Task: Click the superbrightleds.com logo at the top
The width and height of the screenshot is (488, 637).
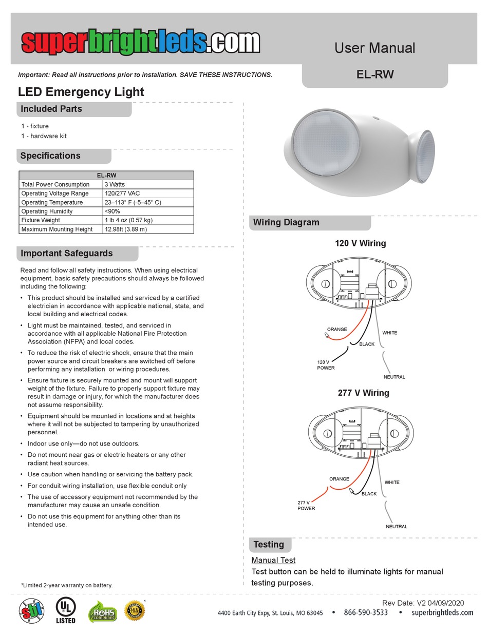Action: [140, 42]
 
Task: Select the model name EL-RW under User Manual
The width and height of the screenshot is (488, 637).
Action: [375, 74]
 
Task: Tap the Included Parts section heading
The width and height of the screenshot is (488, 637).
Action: [51, 109]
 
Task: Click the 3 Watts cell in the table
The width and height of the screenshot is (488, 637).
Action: [115, 184]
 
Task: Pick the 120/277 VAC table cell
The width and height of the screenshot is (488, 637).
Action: [122, 194]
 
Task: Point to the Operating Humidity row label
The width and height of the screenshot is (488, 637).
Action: [47, 211]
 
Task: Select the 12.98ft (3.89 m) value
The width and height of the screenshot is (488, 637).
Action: [126, 229]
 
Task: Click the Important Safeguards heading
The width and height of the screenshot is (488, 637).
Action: [66, 254]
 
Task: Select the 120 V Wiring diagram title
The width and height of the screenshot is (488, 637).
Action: [360, 243]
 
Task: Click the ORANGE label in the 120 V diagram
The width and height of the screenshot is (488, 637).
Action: [337, 330]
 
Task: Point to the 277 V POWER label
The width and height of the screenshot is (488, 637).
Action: [306, 506]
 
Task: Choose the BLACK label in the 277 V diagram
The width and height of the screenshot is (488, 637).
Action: [369, 494]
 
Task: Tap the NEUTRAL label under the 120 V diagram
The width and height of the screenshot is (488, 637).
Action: [394, 377]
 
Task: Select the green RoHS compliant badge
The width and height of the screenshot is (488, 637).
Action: [102, 611]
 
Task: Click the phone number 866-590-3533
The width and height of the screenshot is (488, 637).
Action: [366, 612]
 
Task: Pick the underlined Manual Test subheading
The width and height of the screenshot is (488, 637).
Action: [273, 560]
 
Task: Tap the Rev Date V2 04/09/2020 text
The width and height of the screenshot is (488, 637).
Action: [423, 603]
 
